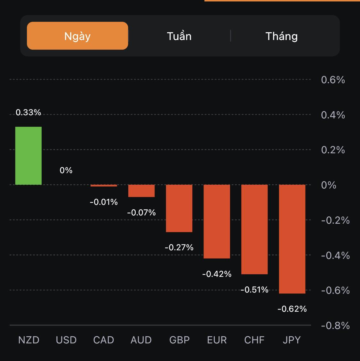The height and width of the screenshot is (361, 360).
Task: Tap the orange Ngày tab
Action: tap(77, 36)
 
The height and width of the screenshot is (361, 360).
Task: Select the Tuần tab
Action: tap(179, 36)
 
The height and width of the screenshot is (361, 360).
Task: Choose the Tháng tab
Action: tap(282, 36)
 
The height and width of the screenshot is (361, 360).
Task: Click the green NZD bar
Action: tap(28, 156)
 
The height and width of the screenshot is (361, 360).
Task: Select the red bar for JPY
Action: tap(292, 239)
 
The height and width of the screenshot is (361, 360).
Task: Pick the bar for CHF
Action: tap(254, 229)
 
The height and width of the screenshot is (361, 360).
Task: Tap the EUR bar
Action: tap(217, 221)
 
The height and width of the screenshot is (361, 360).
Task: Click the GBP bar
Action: tap(179, 208)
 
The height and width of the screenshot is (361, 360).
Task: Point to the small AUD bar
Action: tap(141, 191)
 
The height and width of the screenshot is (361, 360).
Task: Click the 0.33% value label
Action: tap(28, 112)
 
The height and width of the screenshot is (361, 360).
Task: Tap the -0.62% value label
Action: tap(292, 309)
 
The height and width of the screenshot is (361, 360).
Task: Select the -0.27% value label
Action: tap(179, 247)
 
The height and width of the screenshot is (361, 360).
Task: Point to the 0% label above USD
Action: tap(66, 170)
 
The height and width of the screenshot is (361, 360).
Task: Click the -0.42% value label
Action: tap(217, 274)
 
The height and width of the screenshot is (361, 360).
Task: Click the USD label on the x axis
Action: tap(66, 340)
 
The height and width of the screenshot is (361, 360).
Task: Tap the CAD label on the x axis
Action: tap(104, 340)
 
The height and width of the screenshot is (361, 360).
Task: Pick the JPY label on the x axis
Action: tap(292, 340)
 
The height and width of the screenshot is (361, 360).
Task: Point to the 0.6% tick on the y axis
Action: tap(333, 80)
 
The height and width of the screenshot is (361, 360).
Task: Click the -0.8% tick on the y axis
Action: tap(335, 325)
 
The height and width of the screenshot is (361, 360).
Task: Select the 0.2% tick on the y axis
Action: tap(333, 150)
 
